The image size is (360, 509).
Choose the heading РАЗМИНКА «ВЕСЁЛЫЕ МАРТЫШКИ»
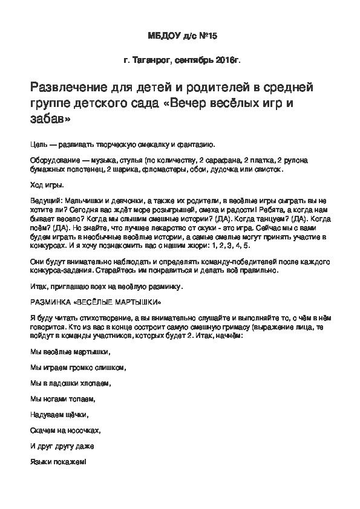(x=95, y=300)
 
